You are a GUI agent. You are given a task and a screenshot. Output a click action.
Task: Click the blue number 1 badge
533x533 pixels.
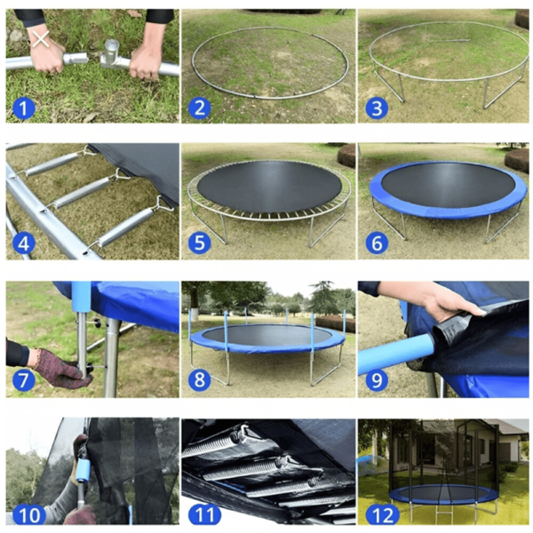(x=23, y=108)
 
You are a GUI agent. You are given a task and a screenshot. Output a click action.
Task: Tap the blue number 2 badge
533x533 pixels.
(x=200, y=108)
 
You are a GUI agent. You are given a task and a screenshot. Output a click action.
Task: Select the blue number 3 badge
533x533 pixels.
(x=377, y=108)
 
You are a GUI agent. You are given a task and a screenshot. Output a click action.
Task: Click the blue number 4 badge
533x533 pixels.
(x=23, y=243)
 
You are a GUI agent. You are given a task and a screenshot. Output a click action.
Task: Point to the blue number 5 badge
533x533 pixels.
(x=200, y=243)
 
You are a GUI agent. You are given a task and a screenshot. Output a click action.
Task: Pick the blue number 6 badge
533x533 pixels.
(x=377, y=243)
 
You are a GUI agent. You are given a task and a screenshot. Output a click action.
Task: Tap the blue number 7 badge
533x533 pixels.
(x=23, y=379)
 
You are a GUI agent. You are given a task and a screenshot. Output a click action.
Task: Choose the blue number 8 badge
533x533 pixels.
(x=200, y=379)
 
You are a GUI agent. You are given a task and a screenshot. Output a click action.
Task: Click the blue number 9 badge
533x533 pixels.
(x=377, y=379)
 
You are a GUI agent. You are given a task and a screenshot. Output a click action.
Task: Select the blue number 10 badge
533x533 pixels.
(x=28, y=514)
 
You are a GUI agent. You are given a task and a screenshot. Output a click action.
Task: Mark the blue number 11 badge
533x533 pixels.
(x=204, y=514)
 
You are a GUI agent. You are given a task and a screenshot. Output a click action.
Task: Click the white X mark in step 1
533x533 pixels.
(x=41, y=39)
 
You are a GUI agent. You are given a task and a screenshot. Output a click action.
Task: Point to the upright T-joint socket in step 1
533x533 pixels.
(x=112, y=51)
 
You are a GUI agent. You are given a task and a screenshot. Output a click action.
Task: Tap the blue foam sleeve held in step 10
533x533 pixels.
(x=83, y=470)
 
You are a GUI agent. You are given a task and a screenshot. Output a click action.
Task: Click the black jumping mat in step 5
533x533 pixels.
(x=269, y=187)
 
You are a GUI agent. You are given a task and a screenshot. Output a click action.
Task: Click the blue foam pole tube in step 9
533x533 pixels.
(x=395, y=354)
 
